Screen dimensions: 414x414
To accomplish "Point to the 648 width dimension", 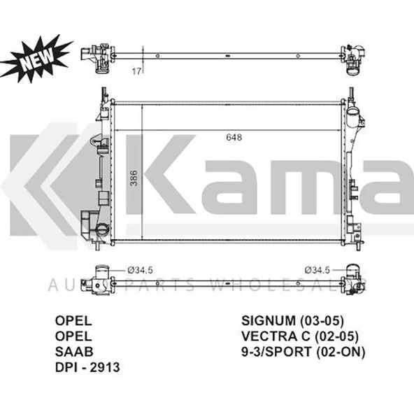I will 234,138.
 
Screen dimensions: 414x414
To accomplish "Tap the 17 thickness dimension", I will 137,71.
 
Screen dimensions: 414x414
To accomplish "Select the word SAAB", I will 73,352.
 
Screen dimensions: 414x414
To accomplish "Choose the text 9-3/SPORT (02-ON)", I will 303,352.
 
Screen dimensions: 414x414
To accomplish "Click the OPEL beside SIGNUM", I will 73,321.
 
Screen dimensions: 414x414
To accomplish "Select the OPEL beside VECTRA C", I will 73,336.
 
